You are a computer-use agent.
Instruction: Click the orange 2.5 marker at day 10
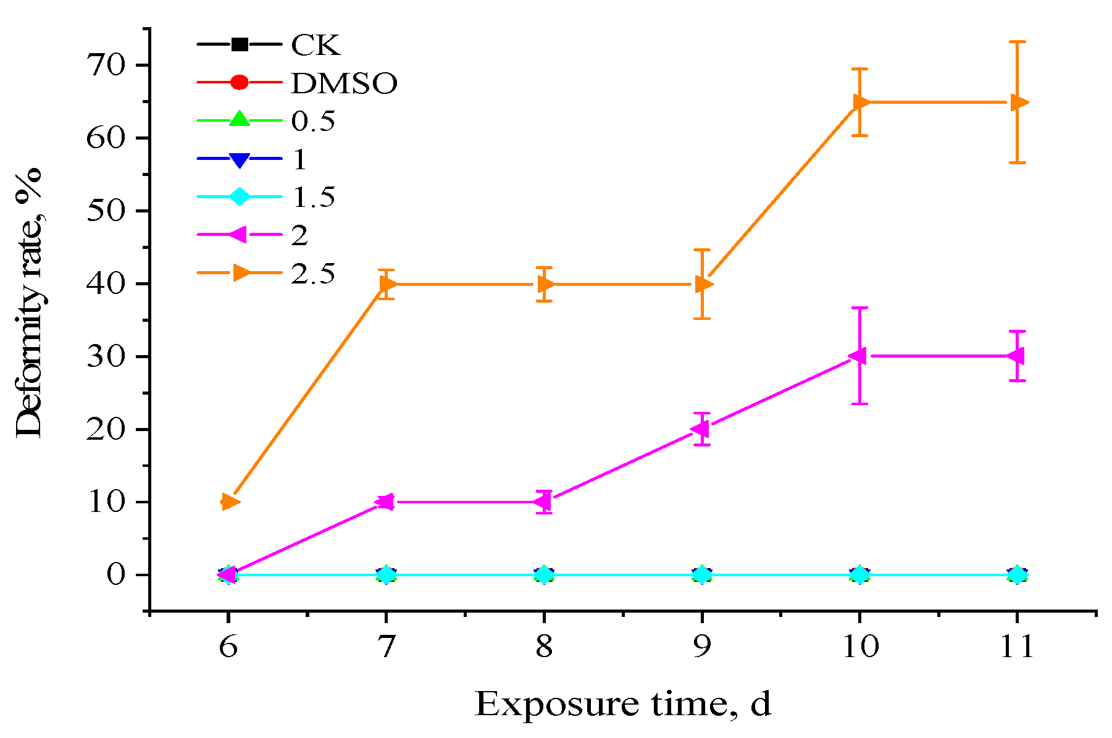click(861, 102)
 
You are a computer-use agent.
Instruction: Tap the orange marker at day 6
click(229, 501)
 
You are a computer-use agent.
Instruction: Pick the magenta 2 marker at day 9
click(701, 429)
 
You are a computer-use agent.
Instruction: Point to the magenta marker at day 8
click(543, 501)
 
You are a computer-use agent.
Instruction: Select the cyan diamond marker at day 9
click(702, 574)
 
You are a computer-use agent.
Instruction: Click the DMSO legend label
click(344, 83)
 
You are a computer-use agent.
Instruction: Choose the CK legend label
click(316, 45)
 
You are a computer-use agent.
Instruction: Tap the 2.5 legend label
click(313, 274)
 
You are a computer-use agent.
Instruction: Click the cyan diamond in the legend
click(240, 197)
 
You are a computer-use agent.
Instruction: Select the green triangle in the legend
click(240, 120)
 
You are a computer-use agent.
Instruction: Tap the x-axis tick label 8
click(544, 647)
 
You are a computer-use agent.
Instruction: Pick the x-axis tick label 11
click(1016, 647)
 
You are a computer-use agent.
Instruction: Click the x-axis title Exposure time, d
click(623, 704)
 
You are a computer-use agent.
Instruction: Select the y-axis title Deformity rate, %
click(29, 303)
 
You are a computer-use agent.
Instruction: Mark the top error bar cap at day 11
click(1018, 41)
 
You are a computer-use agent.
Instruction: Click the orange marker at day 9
click(703, 284)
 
